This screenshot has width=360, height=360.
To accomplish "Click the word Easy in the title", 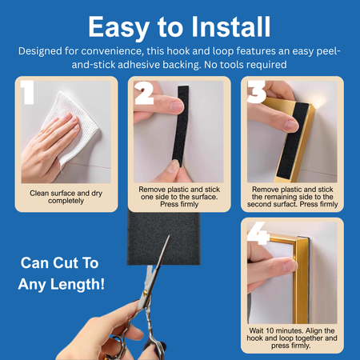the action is pyautogui.click(x=118, y=28).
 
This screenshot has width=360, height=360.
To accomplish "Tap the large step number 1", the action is pyautogui.click(x=28, y=92).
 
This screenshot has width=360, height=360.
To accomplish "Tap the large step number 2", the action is pyautogui.click(x=144, y=93).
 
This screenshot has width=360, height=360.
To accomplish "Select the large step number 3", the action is pyautogui.click(x=257, y=92).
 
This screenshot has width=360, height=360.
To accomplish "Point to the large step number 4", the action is pyautogui.click(x=258, y=233).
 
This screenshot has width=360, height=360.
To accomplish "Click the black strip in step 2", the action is pyautogui.click(x=181, y=126).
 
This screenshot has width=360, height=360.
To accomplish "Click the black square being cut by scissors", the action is pyautogui.click(x=163, y=238).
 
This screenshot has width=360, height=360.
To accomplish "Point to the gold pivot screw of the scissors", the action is pyautogui.click(x=145, y=294).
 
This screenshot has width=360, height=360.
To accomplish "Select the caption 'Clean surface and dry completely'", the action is pyautogui.click(x=66, y=197).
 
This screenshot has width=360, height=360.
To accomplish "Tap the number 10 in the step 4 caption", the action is pyautogui.click(x=270, y=330).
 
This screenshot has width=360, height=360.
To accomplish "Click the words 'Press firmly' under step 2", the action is pyautogui.click(x=179, y=204).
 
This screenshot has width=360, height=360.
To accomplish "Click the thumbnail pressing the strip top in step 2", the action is pyautogui.click(x=176, y=106).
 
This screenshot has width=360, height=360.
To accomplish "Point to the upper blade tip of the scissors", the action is pyautogui.click(x=170, y=235).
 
